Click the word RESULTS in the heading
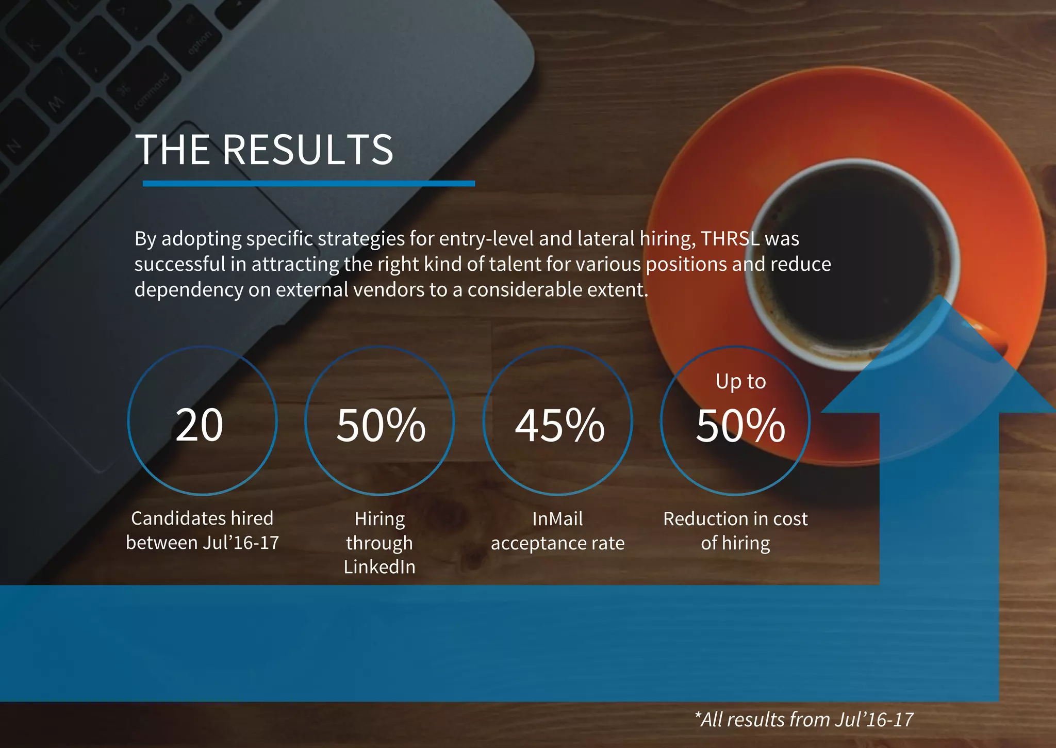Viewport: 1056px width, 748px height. point(308,150)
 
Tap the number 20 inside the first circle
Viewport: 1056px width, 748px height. point(200,425)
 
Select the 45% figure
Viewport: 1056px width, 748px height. point(559,425)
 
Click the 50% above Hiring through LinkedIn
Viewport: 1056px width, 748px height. point(381,425)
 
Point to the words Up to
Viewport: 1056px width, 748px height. point(740,382)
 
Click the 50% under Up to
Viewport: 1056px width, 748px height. point(740,425)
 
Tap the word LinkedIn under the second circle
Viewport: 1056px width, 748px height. point(379,567)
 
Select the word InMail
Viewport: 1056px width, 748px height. point(557,518)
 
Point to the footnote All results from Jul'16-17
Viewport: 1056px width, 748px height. point(804,719)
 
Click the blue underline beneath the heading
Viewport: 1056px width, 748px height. point(308,183)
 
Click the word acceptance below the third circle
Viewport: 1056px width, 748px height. point(536,543)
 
